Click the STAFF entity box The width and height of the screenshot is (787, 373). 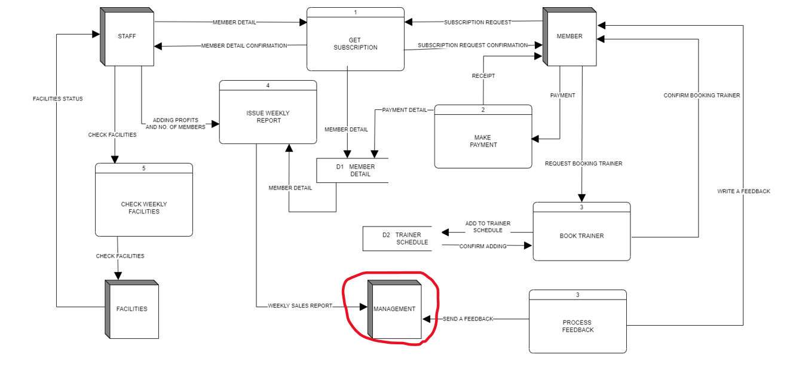click(127, 36)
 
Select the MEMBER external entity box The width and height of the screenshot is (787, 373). click(569, 36)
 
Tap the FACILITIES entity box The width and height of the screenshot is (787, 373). click(132, 309)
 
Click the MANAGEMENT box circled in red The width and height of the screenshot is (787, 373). click(394, 309)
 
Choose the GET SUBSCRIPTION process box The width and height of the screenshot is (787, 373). click(355, 44)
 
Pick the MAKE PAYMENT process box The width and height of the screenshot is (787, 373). click(483, 141)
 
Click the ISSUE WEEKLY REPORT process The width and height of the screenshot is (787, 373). click(268, 117)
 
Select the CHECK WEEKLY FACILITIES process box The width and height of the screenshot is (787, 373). click(144, 207)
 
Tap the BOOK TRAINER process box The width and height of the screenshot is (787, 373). click(581, 236)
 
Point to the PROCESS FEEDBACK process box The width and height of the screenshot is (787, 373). click(578, 326)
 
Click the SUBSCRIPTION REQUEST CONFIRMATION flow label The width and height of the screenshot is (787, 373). click(473, 45)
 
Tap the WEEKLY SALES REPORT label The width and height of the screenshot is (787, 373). click(300, 306)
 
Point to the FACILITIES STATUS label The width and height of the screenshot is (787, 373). click(58, 99)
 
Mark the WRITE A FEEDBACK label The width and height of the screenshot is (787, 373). click(743, 191)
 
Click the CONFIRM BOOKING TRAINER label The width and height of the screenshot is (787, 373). click(702, 96)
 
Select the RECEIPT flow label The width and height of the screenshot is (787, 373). click(483, 76)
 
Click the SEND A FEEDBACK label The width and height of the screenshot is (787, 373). click(468, 319)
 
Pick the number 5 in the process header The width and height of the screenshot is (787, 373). click(144, 169)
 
